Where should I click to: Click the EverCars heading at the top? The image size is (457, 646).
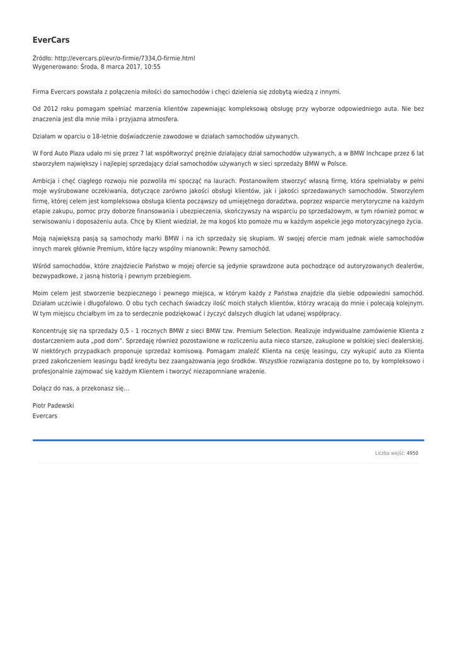pyautogui.click(x=51, y=40)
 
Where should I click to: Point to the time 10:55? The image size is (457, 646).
pyautogui.click(x=152, y=66)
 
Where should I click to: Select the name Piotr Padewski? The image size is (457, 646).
pyautogui.click(x=54, y=406)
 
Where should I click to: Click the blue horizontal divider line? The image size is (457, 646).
pyautogui.click(x=228, y=440)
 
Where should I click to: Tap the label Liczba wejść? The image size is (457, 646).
pyautogui.click(x=389, y=453)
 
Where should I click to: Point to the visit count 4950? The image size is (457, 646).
pyautogui.click(x=412, y=453)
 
